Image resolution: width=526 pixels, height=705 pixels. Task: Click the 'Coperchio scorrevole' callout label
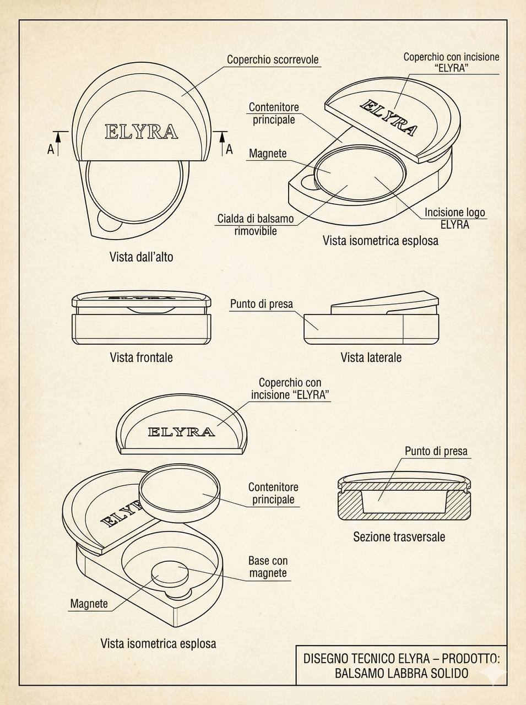pos(273,59)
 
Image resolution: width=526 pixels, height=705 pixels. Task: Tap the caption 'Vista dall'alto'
pos(141,257)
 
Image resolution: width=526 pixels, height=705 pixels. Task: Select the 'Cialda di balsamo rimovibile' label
pos(255,225)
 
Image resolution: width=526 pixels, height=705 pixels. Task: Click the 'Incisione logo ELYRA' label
pos(454,218)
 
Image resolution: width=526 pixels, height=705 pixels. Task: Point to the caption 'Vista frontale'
pos(141,357)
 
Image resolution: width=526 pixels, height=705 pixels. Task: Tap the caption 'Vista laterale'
pos(371,357)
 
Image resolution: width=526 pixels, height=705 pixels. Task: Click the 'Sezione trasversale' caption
pos(399,536)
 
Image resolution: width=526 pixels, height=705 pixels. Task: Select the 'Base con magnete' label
pos(268,567)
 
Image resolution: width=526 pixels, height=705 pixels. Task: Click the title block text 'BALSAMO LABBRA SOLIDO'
pos(402,673)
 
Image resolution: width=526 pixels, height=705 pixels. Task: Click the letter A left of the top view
pos(51,149)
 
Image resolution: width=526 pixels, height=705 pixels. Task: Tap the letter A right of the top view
pos(229,149)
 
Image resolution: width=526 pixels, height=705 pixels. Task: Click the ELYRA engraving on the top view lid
pos(142,132)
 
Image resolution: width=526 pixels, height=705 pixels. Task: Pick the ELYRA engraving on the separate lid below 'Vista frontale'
pos(181,432)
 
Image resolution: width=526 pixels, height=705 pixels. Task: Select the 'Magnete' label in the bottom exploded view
pos(89,604)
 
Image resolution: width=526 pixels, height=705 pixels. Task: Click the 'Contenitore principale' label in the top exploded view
pos(274,113)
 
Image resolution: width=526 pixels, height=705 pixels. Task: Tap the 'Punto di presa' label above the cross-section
pos(436,451)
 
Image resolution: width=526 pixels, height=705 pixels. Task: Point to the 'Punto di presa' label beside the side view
pos(261,303)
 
